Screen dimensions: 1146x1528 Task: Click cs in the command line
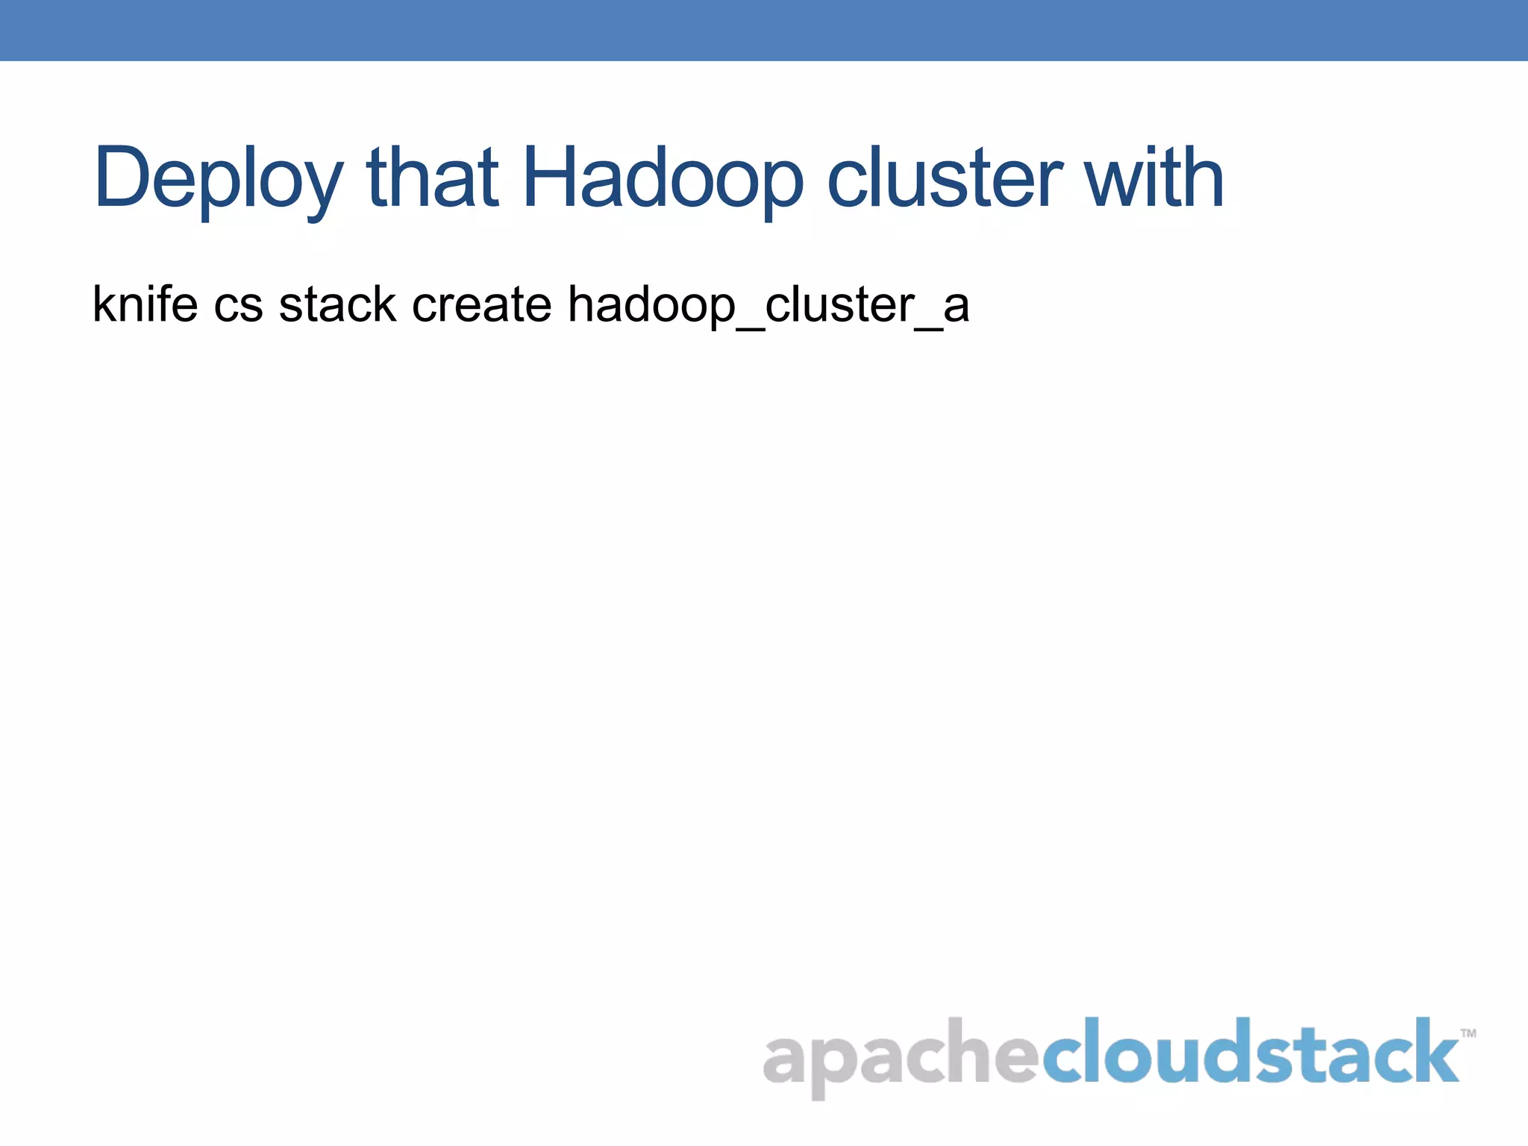point(238,306)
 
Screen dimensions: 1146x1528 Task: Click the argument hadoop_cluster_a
point(768,306)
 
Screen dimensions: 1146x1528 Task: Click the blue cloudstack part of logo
point(1250,1052)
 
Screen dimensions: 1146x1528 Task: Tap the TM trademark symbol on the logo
point(1468,1033)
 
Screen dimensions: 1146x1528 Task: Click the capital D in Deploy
point(122,178)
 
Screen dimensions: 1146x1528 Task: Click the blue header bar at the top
point(764,30)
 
